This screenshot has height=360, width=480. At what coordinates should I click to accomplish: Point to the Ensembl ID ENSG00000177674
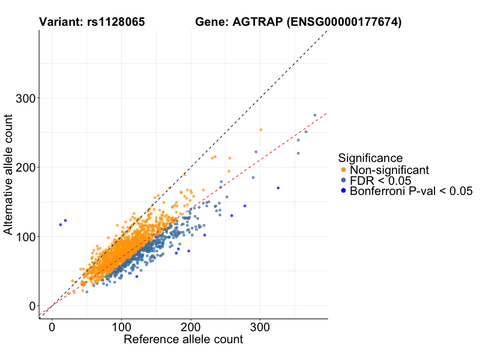(x=344, y=22)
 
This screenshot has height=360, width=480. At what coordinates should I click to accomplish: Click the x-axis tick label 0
(x=52, y=328)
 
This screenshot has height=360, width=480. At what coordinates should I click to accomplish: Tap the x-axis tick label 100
(x=121, y=328)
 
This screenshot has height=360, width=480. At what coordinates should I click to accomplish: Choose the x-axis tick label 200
(x=191, y=328)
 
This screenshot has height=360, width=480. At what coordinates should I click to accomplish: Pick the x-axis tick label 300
(x=260, y=328)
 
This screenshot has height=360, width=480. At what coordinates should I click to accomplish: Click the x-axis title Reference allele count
(x=183, y=340)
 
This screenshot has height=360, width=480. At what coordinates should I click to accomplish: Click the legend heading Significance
(x=370, y=158)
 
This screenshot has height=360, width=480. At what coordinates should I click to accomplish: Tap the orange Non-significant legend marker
(x=343, y=170)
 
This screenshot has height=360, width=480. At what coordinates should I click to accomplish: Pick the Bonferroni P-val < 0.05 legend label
(x=412, y=191)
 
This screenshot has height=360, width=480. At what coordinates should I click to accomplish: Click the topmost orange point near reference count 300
(x=260, y=130)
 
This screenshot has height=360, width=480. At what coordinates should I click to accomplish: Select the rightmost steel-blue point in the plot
(x=314, y=115)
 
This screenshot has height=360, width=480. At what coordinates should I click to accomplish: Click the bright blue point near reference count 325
(x=278, y=188)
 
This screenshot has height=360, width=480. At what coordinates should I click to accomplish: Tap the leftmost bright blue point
(x=61, y=224)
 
